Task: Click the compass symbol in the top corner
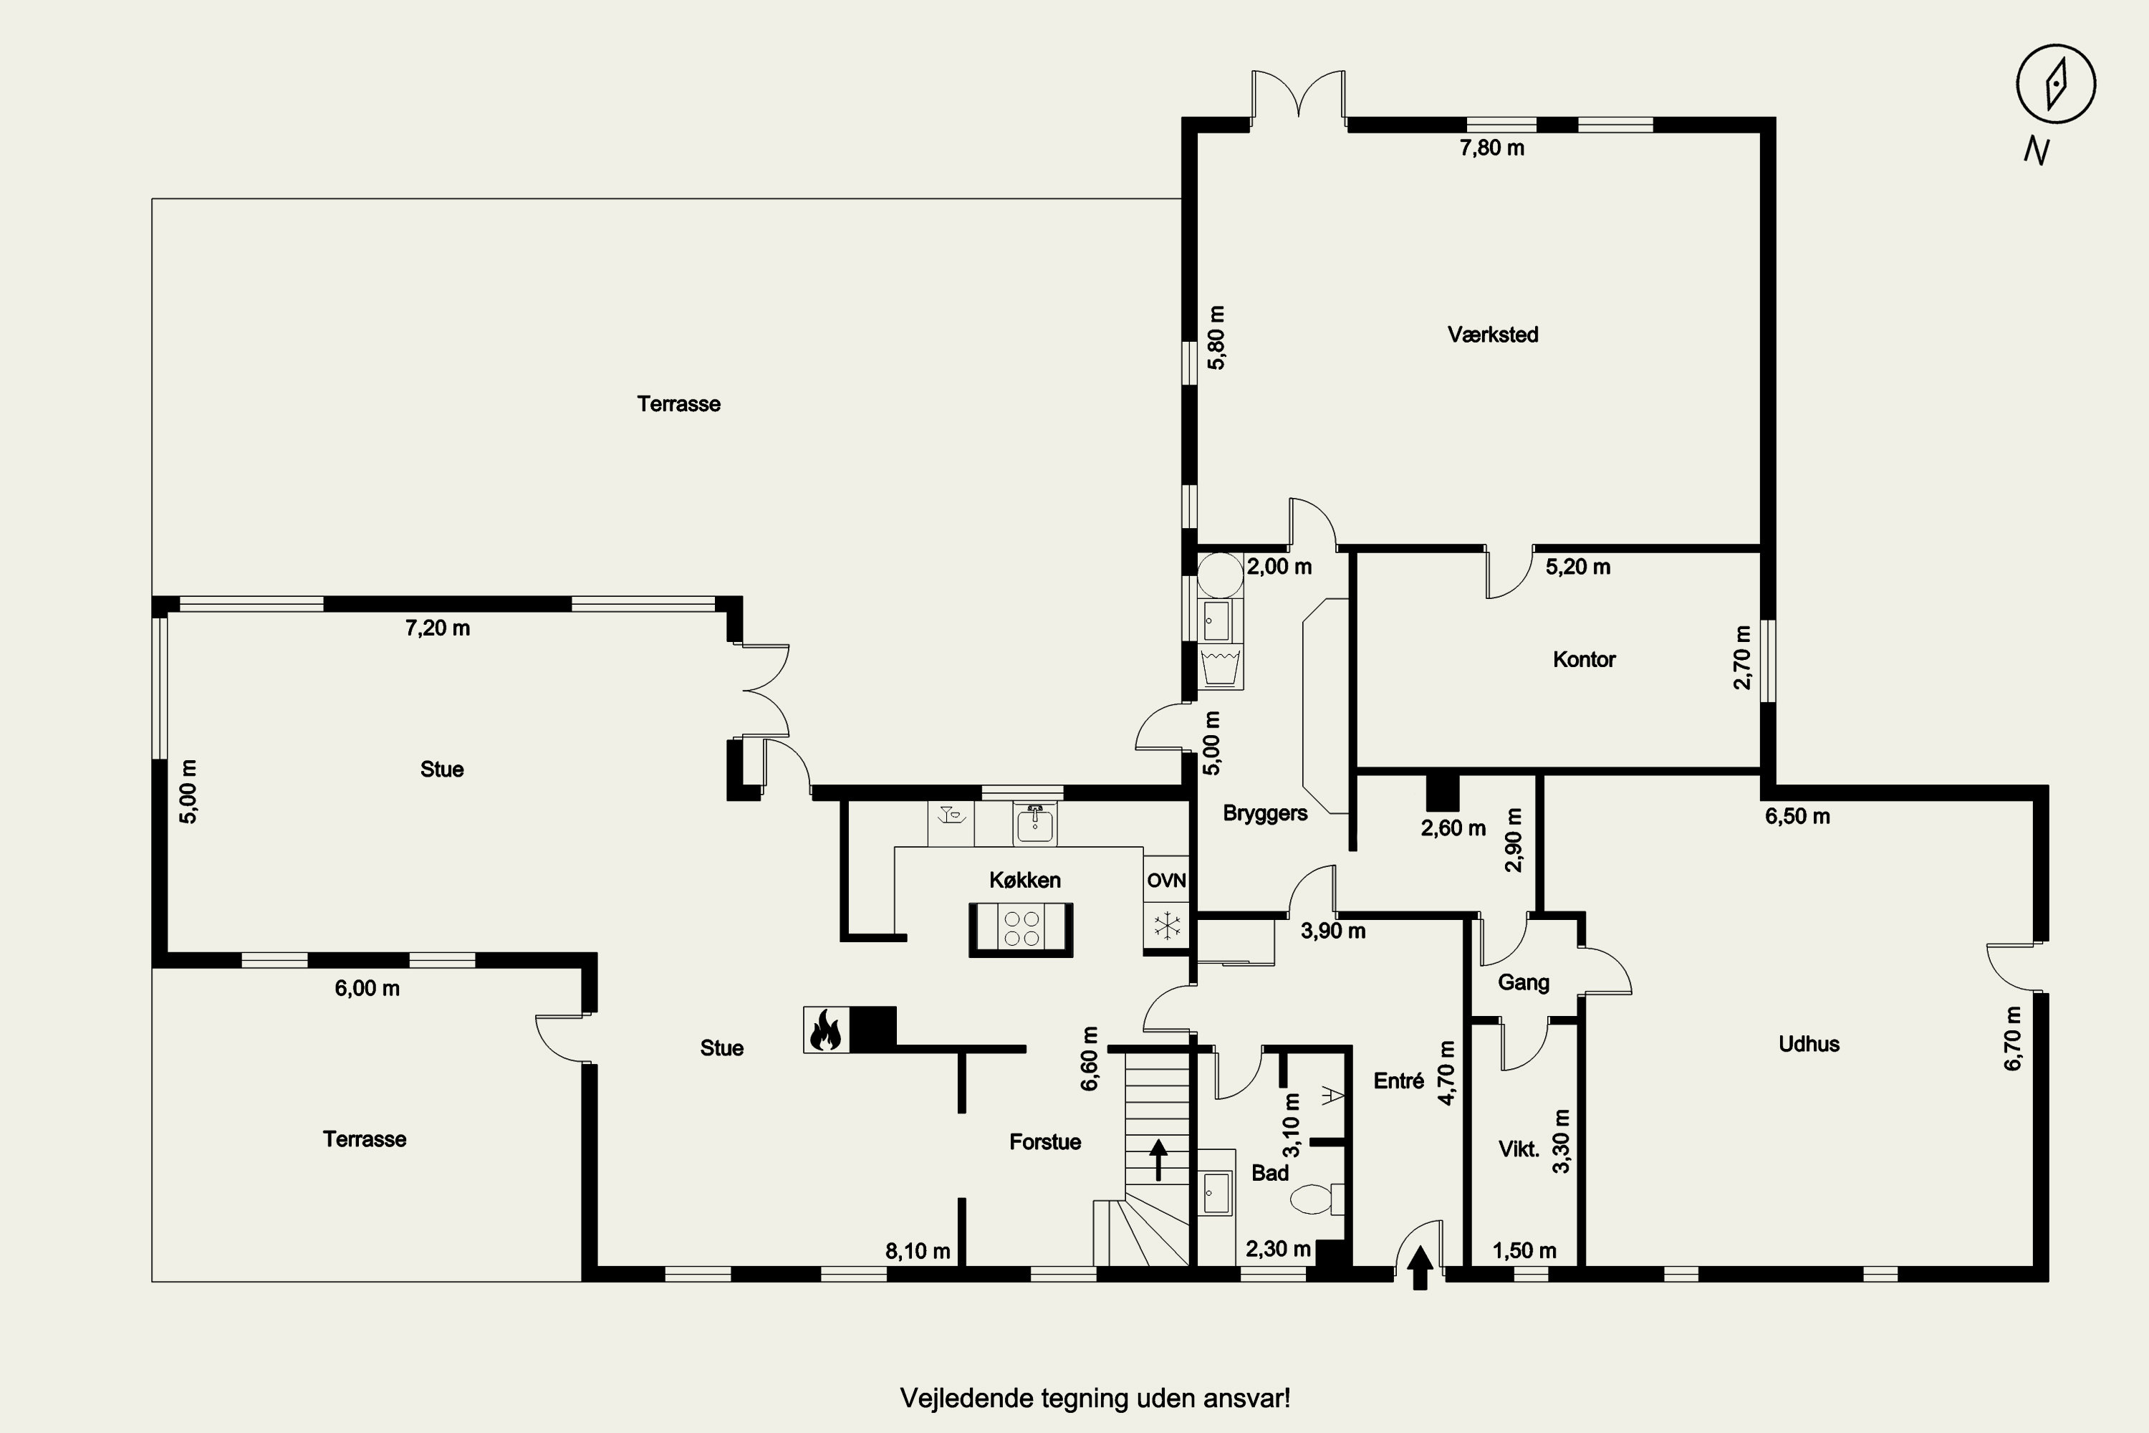[2056, 83]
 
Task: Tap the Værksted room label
[1493, 335]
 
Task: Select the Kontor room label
[1585, 659]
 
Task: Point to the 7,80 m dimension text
[1492, 147]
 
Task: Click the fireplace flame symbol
[826, 1030]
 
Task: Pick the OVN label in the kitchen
[1167, 880]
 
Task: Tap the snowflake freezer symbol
[1167, 925]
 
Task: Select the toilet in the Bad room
[1317, 1198]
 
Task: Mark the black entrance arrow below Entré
[1420, 1267]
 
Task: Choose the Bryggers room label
[1264, 813]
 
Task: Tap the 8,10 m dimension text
[918, 1251]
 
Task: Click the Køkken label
[1025, 880]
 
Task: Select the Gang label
[1523, 982]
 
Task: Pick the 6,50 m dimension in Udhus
[1797, 816]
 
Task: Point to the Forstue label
[1045, 1141]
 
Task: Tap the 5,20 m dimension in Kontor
[1578, 567]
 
